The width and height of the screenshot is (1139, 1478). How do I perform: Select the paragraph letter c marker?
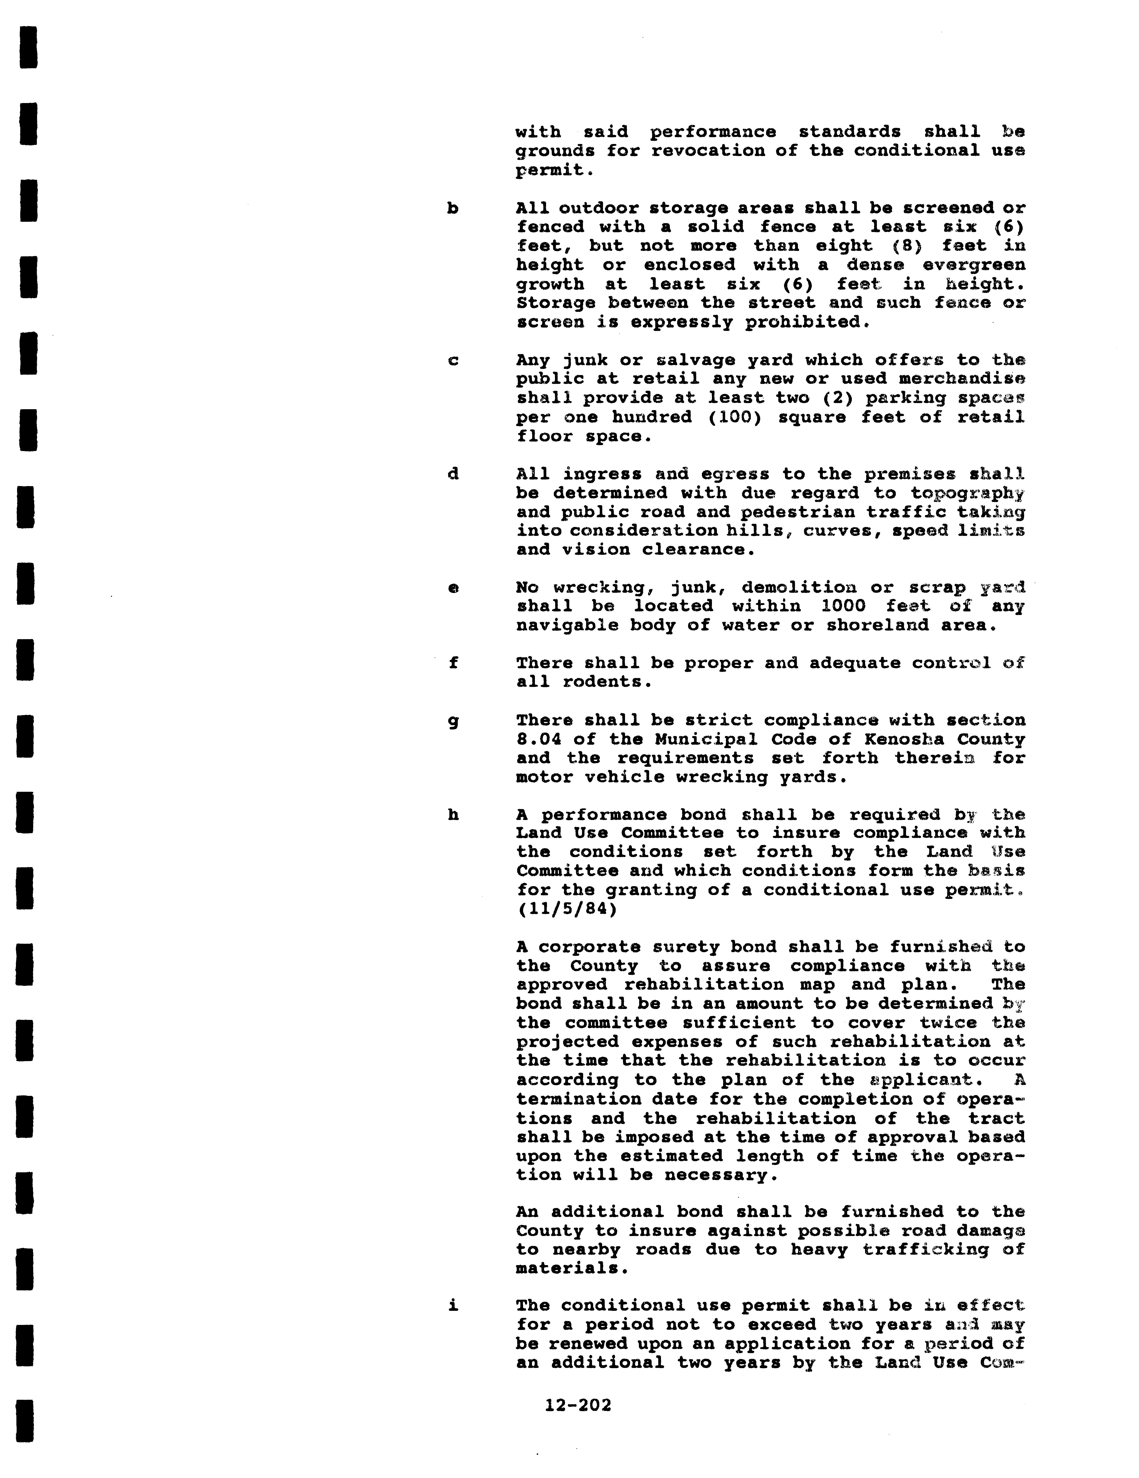[453, 361]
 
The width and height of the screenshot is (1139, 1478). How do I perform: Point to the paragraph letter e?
[453, 588]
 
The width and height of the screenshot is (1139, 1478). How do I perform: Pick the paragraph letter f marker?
[453, 663]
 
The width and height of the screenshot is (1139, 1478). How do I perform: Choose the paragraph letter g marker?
[453, 721]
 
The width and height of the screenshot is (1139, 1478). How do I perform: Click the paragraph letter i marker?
[453, 1305]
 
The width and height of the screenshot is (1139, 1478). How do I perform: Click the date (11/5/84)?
[567, 909]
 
